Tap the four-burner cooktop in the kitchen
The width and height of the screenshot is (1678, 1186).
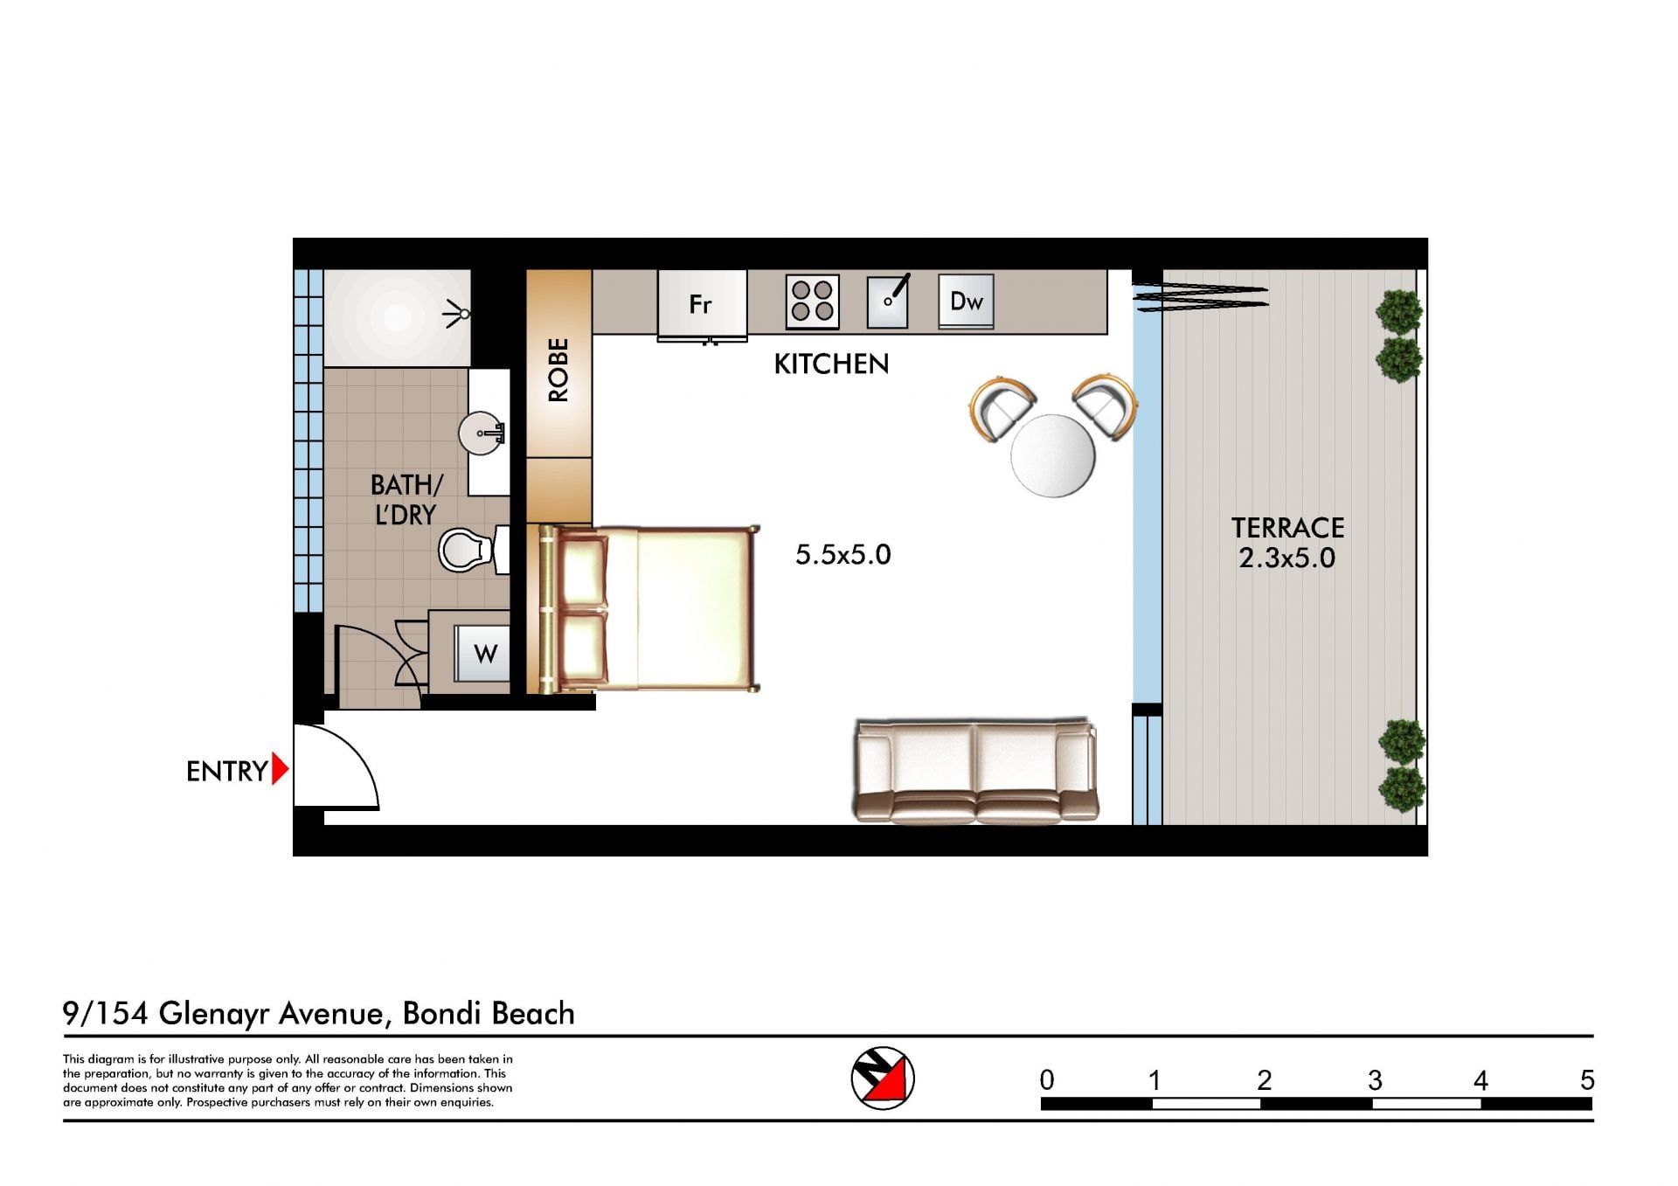click(812, 302)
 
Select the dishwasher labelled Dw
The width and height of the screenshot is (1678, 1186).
click(966, 302)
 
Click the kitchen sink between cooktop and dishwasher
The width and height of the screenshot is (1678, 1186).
click(888, 302)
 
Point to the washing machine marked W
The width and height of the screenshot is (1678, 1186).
click(482, 653)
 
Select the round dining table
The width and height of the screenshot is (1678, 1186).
click(1052, 455)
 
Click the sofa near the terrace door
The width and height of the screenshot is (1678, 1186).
click(974, 771)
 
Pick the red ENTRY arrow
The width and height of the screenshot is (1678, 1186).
click(280, 769)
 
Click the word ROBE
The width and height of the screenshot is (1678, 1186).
click(558, 370)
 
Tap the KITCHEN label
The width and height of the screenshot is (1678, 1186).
click(831, 364)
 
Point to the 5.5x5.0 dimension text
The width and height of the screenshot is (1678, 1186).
click(842, 554)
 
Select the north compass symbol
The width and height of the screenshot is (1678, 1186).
click(883, 1078)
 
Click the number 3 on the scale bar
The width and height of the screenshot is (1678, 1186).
click(1375, 1081)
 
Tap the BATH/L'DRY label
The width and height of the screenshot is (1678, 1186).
click(406, 499)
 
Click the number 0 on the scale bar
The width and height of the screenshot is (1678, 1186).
click(1047, 1081)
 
